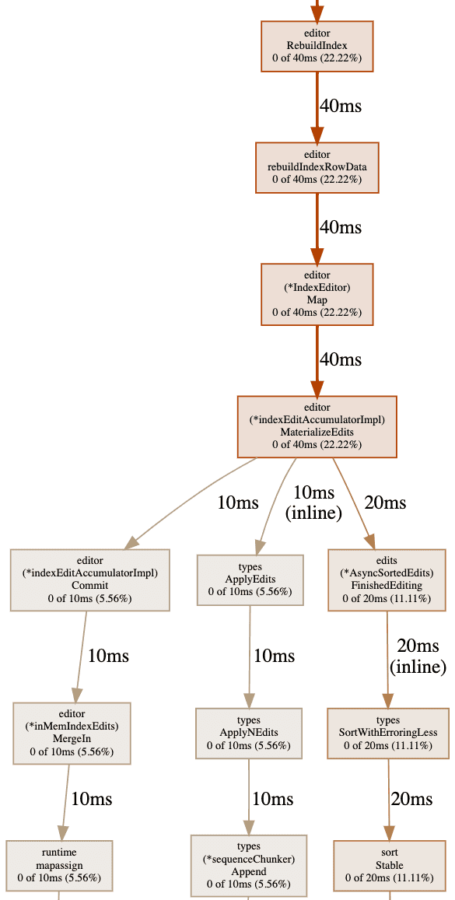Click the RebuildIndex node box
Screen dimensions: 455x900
(x=317, y=46)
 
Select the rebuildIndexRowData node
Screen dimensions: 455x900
(x=317, y=167)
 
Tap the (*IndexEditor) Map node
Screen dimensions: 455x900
(x=317, y=294)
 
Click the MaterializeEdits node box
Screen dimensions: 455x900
(x=317, y=426)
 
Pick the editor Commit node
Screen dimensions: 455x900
(x=90, y=580)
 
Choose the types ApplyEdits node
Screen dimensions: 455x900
(x=250, y=580)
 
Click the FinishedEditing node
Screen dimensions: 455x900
(x=387, y=580)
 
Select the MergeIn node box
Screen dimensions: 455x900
(x=72, y=733)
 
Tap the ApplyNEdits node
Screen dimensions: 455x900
(x=249, y=733)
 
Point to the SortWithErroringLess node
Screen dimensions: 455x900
(x=388, y=733)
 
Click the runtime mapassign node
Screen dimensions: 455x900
(x=59, y=866)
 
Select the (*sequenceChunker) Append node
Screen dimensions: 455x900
(x=249, y=866)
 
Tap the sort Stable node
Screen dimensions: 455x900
(x=390, y=866)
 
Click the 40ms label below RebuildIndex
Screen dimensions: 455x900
(x=340, y=107)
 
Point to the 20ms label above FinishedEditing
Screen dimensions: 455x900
(x=385, y=503)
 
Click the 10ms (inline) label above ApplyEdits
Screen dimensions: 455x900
(x=313, y=503)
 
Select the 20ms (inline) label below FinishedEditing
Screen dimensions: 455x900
(x=418, y=656)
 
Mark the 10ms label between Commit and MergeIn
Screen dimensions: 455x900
(x=108, y=656)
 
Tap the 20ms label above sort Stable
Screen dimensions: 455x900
(x=411, y=798)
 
